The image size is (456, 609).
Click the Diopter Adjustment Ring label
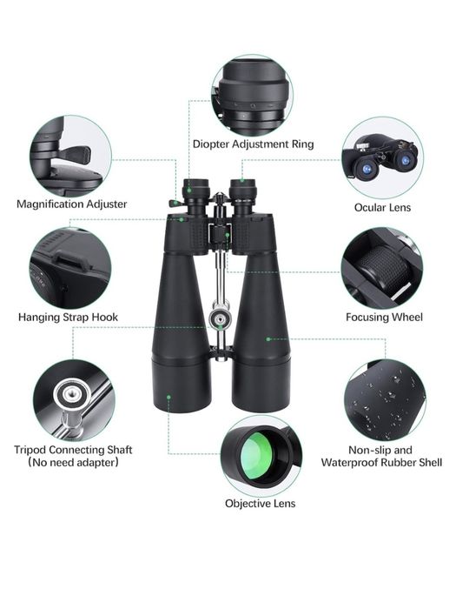[x=254, y=144]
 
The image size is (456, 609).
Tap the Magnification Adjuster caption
[x=72, y=204]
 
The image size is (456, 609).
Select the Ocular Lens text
[x=382, y=207]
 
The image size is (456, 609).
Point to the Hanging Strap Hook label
[x=68, y=318]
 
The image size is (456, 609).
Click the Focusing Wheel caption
[x=384, y=318]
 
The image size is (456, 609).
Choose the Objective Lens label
[x=261, y=504]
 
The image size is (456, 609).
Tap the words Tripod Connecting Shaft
[x=73, y=450]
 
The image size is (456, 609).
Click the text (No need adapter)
[x=73, y=463]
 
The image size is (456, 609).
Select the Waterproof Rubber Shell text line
[x=381, y=463]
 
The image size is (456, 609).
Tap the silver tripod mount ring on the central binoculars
[x=220, y=319]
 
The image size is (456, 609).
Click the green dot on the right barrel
[x=268, y=339]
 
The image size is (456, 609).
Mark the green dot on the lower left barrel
[x=169, y=397]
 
